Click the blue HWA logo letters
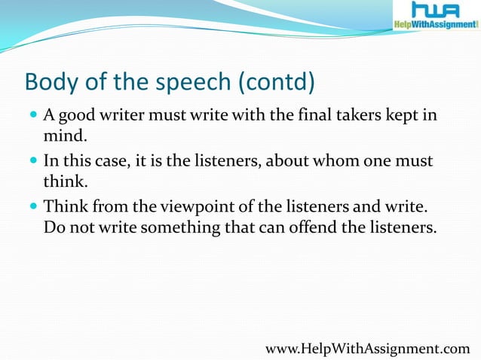tap(436, 10)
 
